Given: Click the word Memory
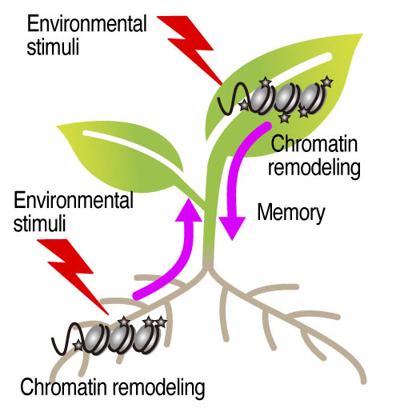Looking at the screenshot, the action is point(291,214).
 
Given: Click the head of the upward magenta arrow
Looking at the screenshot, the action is point(189,210).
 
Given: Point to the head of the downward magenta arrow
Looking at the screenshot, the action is point(232,228).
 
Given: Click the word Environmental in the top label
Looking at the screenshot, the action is point(87,24).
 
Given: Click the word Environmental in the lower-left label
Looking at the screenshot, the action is point(74,201).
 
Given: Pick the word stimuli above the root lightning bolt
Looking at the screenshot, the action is point(40,223).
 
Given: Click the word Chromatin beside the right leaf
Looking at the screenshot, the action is point(314,144).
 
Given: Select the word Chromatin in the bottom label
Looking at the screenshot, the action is point(64,387).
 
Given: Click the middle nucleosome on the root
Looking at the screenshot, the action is point(119,338).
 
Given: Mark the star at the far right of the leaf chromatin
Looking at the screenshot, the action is point(327,82).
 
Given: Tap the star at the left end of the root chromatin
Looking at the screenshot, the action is point(78,346).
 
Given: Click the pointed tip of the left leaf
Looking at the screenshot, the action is point(58,126).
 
